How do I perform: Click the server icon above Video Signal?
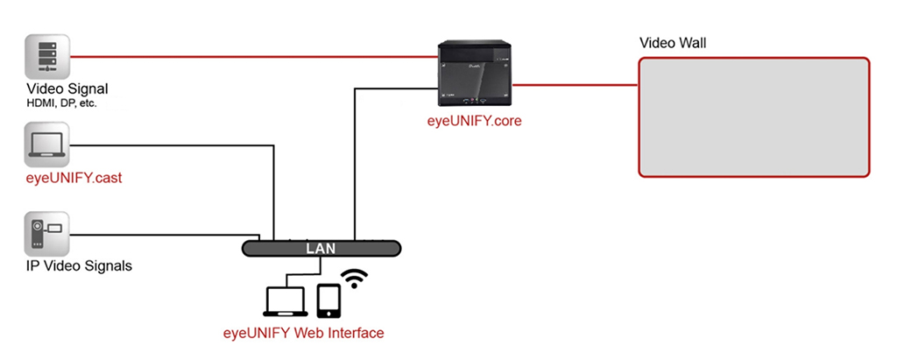(x=46, y=57)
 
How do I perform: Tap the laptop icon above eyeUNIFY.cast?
(x=46, y=145)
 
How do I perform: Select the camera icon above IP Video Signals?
(x=46, y=234)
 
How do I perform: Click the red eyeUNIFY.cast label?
(x=74, y=179)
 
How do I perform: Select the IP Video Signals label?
(x=79, y=265)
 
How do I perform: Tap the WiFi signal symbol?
(x=354, y=279)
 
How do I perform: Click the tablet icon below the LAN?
(x=329, y=300)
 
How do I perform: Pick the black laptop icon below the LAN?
(x=285, y=300)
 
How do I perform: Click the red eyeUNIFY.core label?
(x=469, y=121)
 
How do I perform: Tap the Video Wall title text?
(x=673, y=42)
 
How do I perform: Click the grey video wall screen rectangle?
(x=753, y=116)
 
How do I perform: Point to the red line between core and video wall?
(x=578, y=85)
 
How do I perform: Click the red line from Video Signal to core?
(x=254, y=57)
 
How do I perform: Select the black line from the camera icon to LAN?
(x=158, y=234)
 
